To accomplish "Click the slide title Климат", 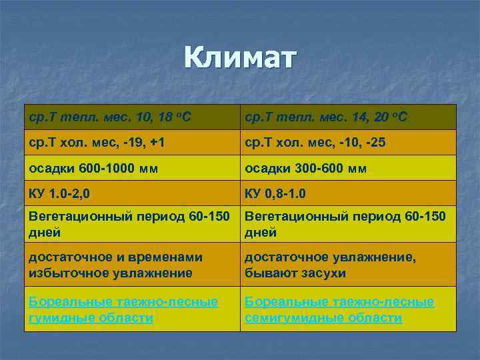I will pyautogui.click(x=239, y=59).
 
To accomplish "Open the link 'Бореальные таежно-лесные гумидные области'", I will pyautogui.click(x=123, y=310).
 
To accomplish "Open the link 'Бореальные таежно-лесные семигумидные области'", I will pyautogui.click(x=339, y=310).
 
